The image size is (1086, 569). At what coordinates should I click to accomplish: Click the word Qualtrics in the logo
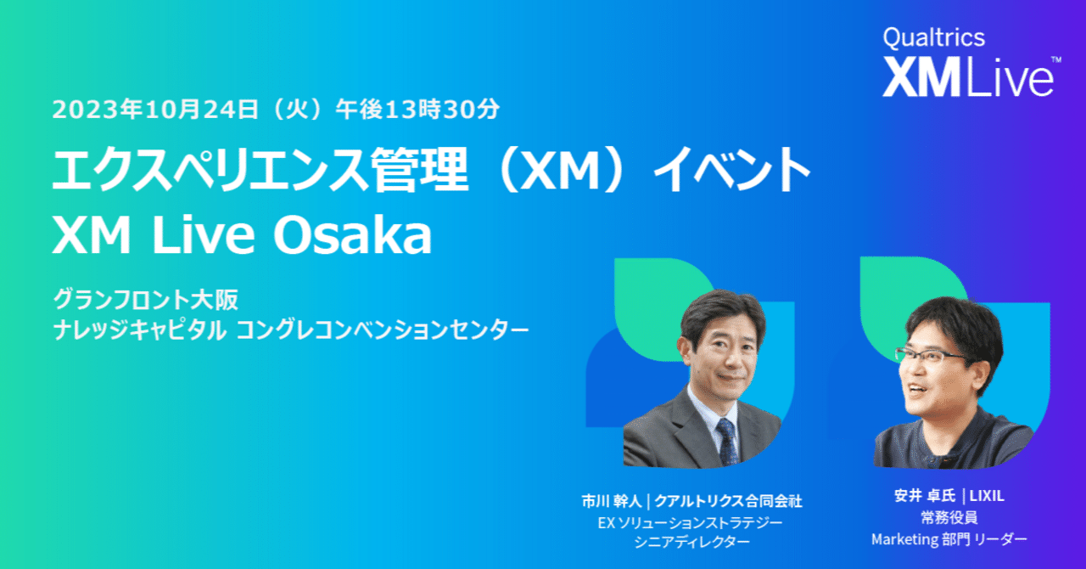point(933,38)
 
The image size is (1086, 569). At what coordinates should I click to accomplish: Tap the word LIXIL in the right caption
point(988,496)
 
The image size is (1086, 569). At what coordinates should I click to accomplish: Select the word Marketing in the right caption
point(903,538)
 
